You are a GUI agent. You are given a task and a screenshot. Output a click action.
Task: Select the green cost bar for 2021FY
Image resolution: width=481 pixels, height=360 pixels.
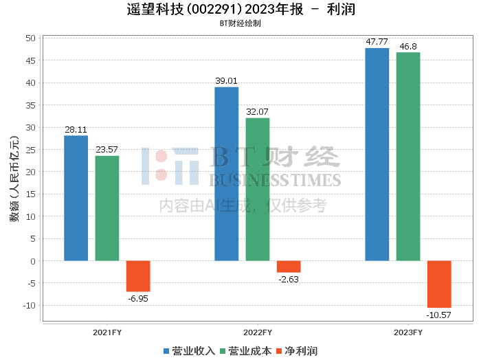click(107, 208)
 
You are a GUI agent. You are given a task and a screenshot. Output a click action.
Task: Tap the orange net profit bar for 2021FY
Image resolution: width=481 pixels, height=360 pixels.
click(137, 276)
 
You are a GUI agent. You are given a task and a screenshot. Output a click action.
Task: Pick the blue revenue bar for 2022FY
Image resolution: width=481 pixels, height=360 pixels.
click(226, 174)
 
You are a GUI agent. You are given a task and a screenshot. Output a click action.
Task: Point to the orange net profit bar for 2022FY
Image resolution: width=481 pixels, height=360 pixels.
click(289, 267)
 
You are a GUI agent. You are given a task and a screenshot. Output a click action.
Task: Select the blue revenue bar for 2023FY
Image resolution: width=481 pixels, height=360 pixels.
click(377, 155)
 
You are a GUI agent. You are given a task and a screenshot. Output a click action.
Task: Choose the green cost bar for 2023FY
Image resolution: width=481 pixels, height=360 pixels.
click(408, 157)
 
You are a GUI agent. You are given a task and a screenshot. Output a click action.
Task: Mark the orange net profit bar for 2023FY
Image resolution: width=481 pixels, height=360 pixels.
click(439, 284)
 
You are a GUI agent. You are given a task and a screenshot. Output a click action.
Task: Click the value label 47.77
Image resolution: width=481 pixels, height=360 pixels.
click(377, 42)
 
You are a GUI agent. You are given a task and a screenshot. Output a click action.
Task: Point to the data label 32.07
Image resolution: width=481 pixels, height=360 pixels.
click(258, 111)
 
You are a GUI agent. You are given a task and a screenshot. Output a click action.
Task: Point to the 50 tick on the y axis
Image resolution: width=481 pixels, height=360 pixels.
click(32, 38)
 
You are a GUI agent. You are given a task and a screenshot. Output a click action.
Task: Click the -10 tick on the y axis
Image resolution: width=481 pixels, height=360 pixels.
click(30, 305)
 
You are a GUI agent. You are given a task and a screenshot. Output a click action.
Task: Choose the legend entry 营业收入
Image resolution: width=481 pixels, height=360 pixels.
click(190, 350)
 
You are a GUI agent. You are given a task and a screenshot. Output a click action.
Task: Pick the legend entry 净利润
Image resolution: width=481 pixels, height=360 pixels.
click(296, 350)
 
